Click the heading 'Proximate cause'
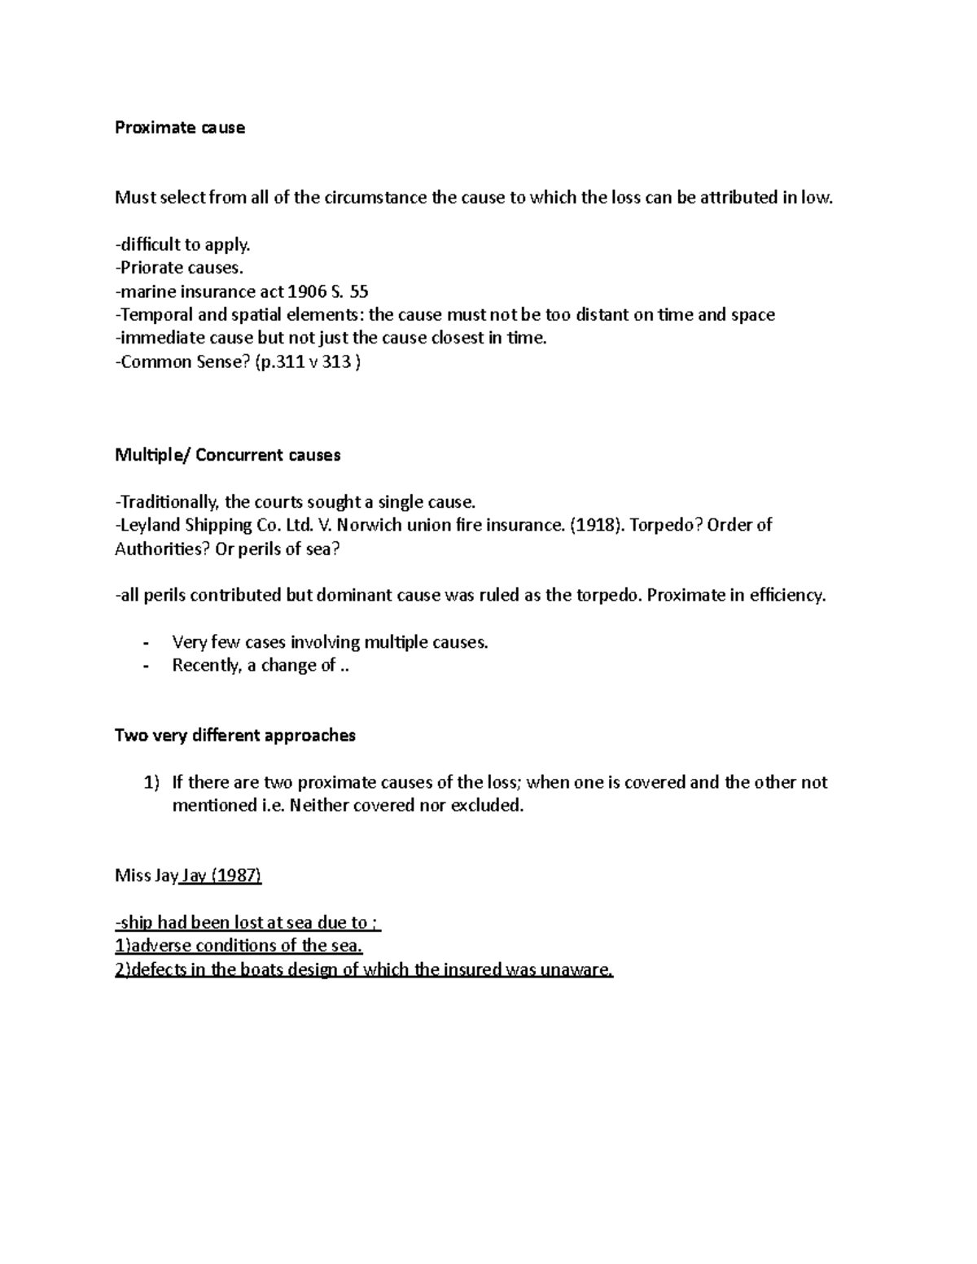coord(179,128)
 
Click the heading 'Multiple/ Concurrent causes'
coord(227,455)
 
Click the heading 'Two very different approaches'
coord(235,736)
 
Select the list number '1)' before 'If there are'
coord(151,783)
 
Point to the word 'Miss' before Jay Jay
coord(133,876)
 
